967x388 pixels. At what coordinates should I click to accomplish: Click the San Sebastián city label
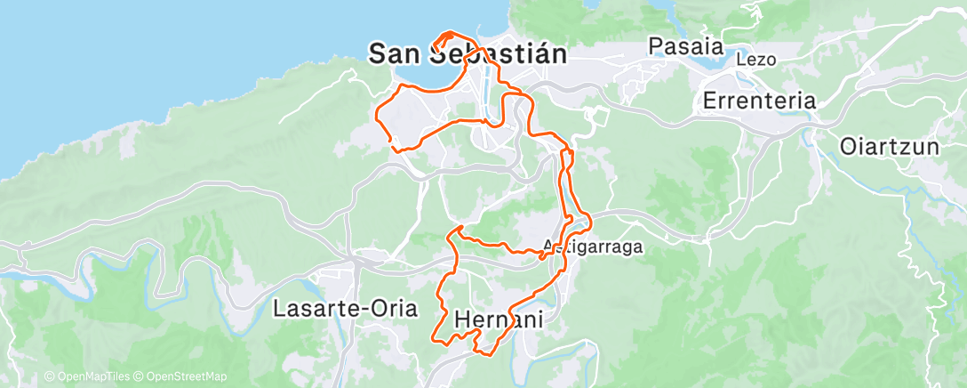(x=468, y=53)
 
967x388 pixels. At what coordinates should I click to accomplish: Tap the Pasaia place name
(x=685, y=46)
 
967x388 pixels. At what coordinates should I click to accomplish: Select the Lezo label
(x=756, y=61)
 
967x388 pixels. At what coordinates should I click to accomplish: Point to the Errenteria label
(x=758, y=101)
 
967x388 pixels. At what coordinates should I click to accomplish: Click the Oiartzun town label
(x=890, y=146)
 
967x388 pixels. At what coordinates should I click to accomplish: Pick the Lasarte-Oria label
(x=345, y=309)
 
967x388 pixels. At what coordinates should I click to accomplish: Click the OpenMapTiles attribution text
(x=90, y=377)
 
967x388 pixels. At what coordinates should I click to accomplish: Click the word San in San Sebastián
(x=393, y=53)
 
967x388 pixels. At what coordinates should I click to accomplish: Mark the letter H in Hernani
(x=461, y=319)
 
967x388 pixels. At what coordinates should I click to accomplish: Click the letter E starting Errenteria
(x=709, y=101)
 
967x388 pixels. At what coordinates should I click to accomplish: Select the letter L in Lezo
(x=740, y=61)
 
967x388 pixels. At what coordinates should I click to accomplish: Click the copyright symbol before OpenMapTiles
(x=50, y=377)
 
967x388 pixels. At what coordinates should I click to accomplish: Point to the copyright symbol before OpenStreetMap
(x=140, y=377)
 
